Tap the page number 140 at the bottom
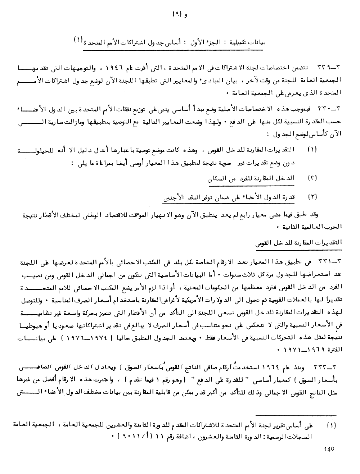(x=329, y=449)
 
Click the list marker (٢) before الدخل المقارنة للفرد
(x=312, y=178)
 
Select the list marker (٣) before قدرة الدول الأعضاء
(x=312, y=197)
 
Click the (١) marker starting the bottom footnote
(x=332, y=426)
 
